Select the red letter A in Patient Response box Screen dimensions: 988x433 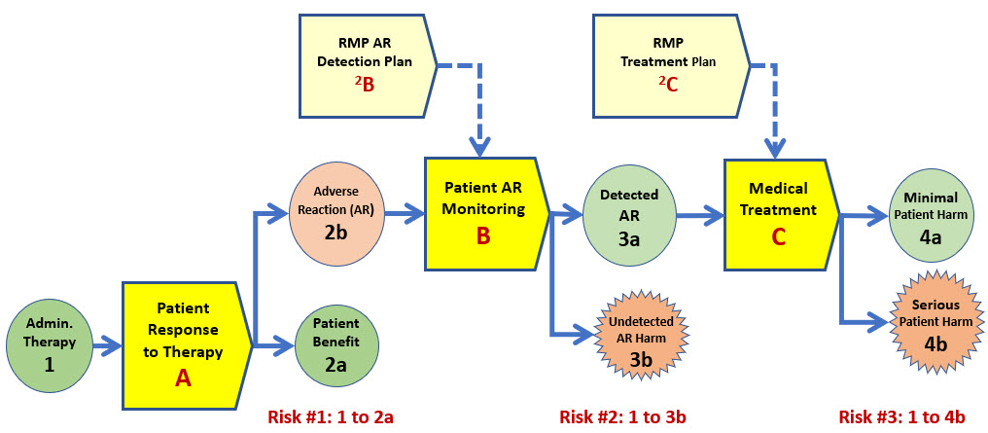point(183,378)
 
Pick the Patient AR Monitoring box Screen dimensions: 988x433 point(484,214)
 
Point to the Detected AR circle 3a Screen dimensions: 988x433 point(630,215)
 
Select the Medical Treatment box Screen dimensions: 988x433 point(780,214)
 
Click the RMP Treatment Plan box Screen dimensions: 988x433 point(670,65)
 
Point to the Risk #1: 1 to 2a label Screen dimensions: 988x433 point(331,416)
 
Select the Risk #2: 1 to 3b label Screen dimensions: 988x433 point(622,416)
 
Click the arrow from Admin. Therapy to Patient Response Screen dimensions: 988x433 point(107,345)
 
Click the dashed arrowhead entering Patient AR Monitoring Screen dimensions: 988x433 point(480,149)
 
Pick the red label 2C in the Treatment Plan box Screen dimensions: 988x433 point(667,85)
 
